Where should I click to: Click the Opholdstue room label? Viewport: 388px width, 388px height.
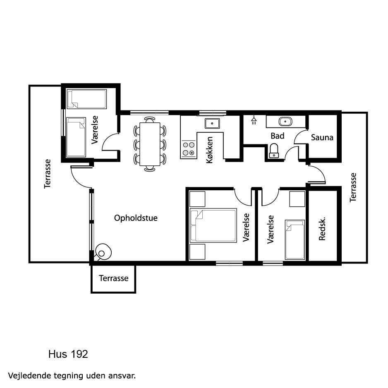pyautogui.click(x=136, y=218)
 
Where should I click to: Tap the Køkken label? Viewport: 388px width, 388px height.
pyautogui.click(x=210, y=150)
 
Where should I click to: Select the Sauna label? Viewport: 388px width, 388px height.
pyautogui.click(x=322, y=137)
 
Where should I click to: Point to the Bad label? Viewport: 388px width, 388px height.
pyautogui.click(x=278, y=136)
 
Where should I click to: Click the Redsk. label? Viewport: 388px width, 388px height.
pyautogui.click(x=322, y=229)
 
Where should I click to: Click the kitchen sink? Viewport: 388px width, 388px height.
pyautogui.click(x=212, y=123)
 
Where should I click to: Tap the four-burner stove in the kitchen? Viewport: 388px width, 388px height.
pyautogui.click(x=189, y=149)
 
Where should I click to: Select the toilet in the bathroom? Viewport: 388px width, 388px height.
pyautogui.click(x=274, y=151)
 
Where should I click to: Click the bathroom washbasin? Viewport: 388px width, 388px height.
pyautogui.click(x=285, y=122)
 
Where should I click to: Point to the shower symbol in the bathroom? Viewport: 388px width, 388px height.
pyautogui.click(x=254, y=120)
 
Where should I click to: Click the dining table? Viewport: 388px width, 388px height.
pyautogui.click(x=150, y=144)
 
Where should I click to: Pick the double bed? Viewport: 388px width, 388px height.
pyautogui.click(x=213, y=225)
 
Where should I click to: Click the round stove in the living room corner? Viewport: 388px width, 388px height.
pyautogui.click(x=103, y=252)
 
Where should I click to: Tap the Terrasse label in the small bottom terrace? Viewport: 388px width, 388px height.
pyautogui.click(x=114, y=278)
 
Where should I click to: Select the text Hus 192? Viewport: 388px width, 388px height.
pyautogui.click(x=68, y=354)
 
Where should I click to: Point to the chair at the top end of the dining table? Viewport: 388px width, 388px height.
pyautogui.click(x=150, y=120)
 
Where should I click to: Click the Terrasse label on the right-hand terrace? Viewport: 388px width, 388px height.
pyautogui.click(x=353, y=187)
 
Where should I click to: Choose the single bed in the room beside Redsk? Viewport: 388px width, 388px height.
pyautogui.click(x=295, y=240)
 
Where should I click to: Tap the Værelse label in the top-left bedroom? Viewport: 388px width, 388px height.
pyautogui.click(x=95, y=130)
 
